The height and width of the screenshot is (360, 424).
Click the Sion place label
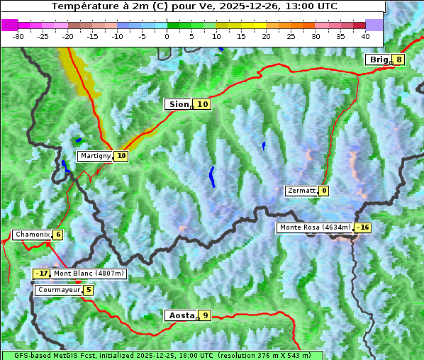178,104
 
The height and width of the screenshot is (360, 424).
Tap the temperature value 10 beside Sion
203,104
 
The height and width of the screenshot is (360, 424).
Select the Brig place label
378,60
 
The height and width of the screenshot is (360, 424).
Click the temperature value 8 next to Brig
399,60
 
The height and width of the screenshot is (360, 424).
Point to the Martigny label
95,156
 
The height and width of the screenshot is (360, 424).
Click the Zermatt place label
301,191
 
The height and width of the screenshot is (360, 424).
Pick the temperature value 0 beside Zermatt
324,191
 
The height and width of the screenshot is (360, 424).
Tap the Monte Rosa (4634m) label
315,227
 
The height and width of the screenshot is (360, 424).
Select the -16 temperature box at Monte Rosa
363,227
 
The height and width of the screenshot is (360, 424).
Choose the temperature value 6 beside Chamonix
57,235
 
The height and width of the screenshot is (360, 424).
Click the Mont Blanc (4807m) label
89,274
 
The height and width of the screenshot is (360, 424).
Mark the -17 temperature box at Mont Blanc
42,274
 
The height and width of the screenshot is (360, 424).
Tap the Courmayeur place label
58,290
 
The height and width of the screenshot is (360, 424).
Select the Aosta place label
180,315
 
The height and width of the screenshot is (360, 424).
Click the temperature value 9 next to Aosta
205,315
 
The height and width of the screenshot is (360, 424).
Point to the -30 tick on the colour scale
18,35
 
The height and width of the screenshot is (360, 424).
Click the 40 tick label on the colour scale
365,35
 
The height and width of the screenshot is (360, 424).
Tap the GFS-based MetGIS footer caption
162,355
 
